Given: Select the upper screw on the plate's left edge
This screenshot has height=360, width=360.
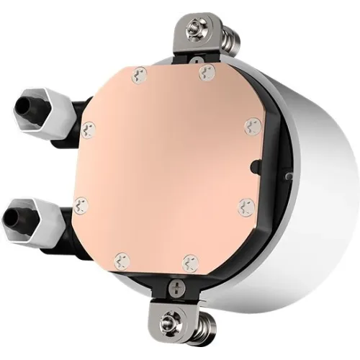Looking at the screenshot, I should (89, 128).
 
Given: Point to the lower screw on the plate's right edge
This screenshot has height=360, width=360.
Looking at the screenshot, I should (244, 204).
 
